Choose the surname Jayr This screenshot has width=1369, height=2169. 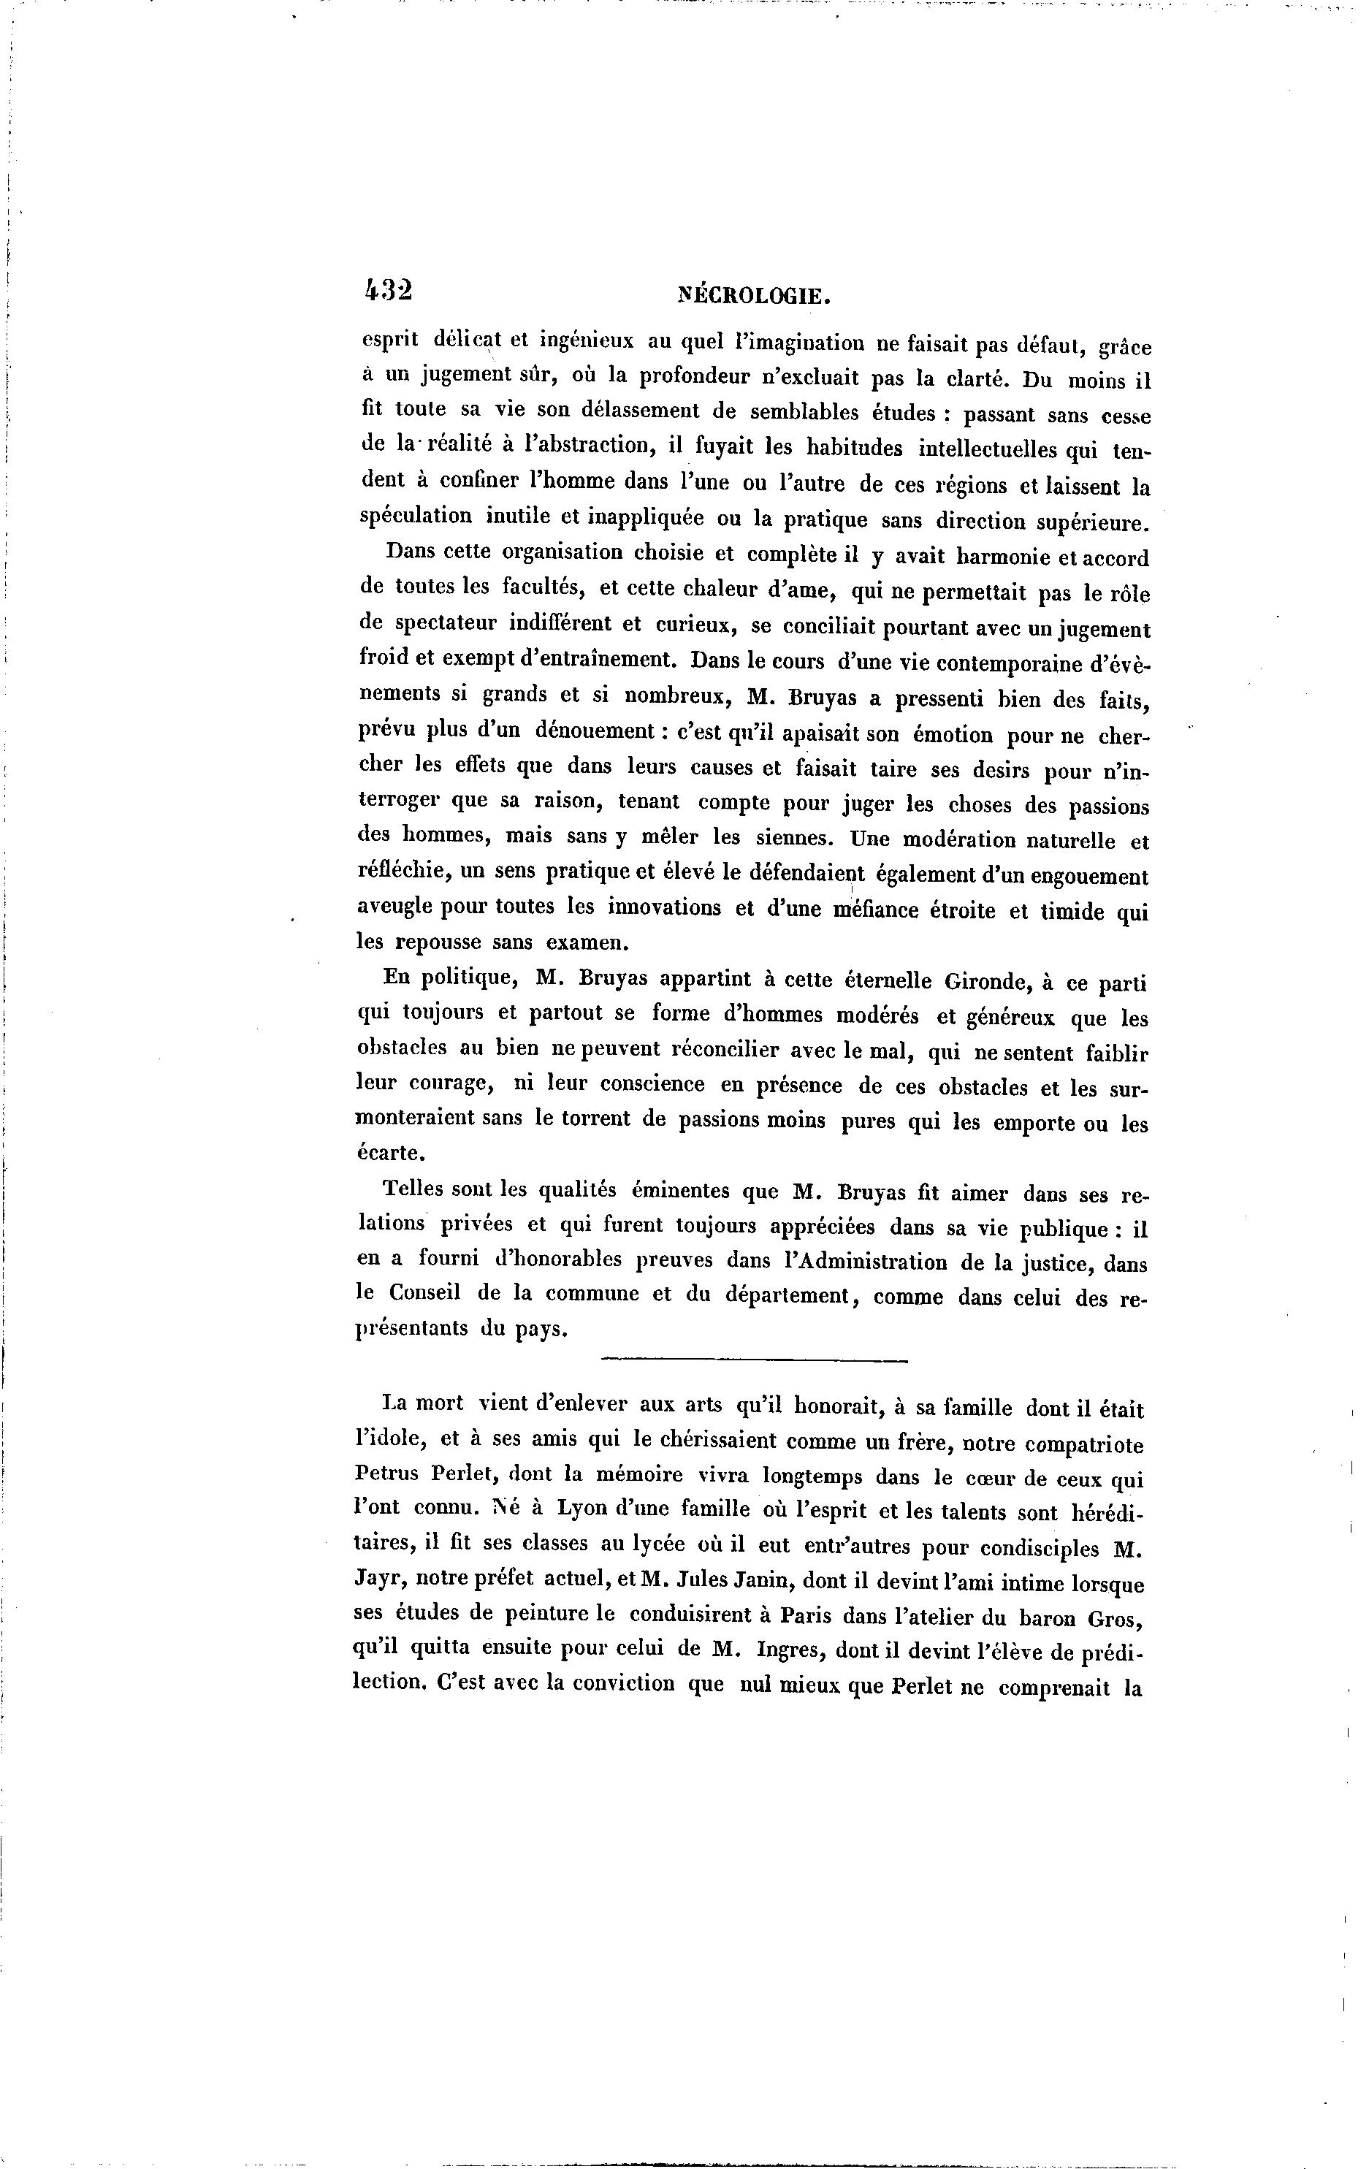379,1582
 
